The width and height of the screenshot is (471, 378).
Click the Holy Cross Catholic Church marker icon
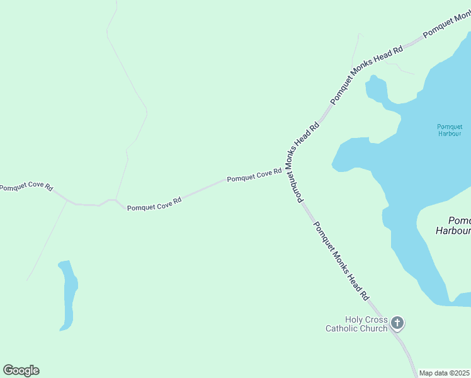click(x=397, y=323)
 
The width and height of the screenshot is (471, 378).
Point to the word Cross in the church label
click(x=377, y=320)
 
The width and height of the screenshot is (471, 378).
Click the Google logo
click(x=21, y=370)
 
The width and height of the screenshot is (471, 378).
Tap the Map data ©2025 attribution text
click(x=444, y=373)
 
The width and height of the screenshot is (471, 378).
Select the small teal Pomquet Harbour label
click(x=450, y=130)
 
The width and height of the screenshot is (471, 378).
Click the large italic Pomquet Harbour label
click(x=454, y=226)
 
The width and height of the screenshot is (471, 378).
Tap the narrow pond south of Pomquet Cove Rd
click(x=68, y=295)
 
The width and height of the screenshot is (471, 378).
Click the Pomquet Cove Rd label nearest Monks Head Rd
click(x=254, y=176)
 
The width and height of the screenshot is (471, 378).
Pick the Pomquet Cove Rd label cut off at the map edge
click(x=25, y=188)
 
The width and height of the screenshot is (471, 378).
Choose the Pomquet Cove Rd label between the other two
click(x=154, y=203)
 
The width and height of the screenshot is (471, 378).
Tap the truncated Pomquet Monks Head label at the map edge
click(x=446, y=25)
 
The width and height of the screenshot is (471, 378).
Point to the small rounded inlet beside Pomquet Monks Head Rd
click(x=376, y=88)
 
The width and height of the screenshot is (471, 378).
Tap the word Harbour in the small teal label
click(x=450, y=134)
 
